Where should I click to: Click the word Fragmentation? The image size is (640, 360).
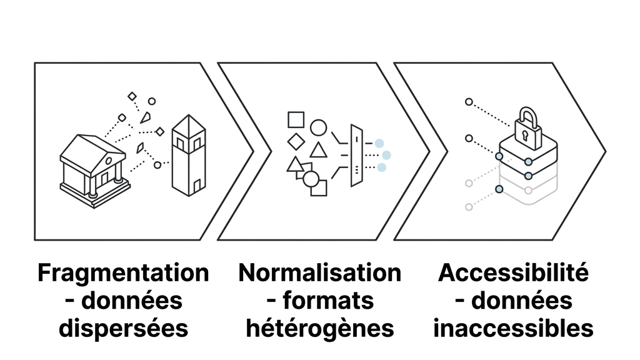123,273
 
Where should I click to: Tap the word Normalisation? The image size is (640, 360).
319,273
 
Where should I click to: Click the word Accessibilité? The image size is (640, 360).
513,273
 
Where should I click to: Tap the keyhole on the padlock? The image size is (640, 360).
526,134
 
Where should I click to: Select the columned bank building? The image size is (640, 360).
94,169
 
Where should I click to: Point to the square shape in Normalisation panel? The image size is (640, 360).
296,119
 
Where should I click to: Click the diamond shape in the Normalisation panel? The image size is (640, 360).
296,142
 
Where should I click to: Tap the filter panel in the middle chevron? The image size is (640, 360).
356,156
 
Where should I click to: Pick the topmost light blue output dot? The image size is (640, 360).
379,144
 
